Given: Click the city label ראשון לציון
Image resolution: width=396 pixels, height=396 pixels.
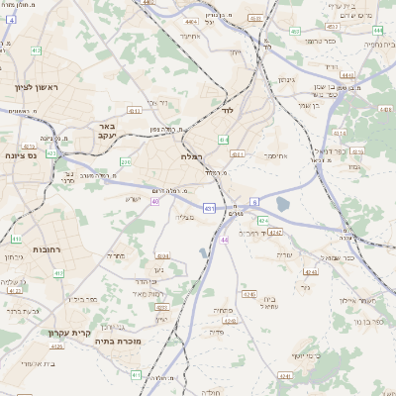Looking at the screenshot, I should pos(38,88).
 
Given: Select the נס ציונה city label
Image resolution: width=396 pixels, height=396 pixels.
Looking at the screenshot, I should pos(20,155).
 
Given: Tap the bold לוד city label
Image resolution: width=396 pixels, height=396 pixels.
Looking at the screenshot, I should pos(227,112).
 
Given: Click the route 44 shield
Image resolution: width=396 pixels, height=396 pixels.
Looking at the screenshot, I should pos(225,240).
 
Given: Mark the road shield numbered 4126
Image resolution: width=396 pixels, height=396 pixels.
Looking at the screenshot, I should pos(56,346).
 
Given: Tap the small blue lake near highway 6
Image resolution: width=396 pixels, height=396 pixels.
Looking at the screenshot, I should pos(282,205).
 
